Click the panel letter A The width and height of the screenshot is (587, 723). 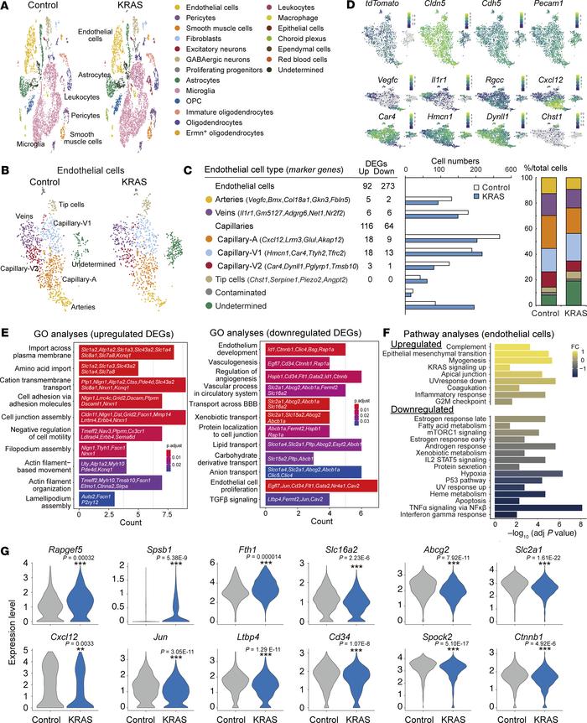[7, 7]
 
